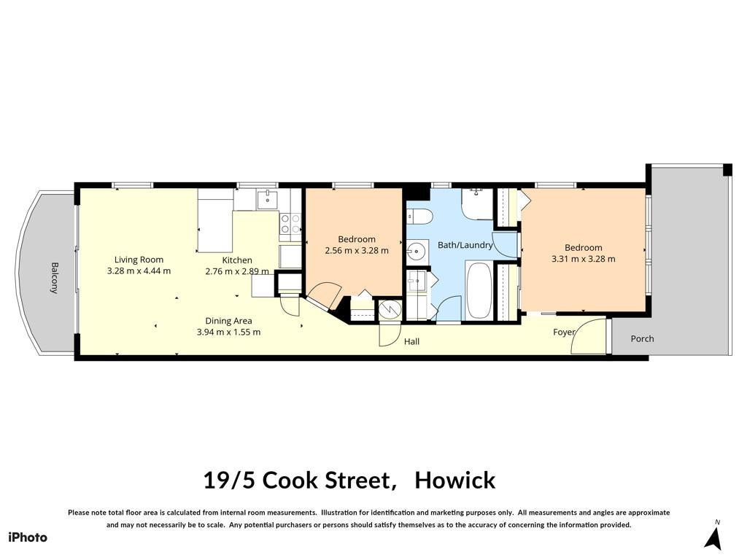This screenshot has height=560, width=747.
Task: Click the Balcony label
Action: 54,278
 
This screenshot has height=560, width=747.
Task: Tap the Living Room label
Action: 139,260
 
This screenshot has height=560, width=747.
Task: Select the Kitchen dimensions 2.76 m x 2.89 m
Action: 237,271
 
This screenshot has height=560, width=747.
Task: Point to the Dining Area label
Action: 228,321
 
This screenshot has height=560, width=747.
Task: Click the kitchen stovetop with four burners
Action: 290,224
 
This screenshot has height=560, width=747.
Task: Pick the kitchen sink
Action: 267,199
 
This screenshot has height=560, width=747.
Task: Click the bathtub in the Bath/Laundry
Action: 479,290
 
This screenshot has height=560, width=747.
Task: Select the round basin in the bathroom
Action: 417,249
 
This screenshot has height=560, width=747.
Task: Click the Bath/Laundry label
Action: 465,245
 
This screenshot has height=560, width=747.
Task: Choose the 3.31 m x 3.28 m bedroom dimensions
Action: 583,259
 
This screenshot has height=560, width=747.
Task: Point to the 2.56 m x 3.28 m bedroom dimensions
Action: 356,251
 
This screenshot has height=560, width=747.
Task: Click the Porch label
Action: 642,338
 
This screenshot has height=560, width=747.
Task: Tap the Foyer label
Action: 564,332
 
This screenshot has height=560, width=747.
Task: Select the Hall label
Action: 411,341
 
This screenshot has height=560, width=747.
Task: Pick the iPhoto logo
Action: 28,537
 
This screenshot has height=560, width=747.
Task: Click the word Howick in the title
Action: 455,480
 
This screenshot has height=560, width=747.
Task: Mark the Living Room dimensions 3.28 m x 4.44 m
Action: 139,271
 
